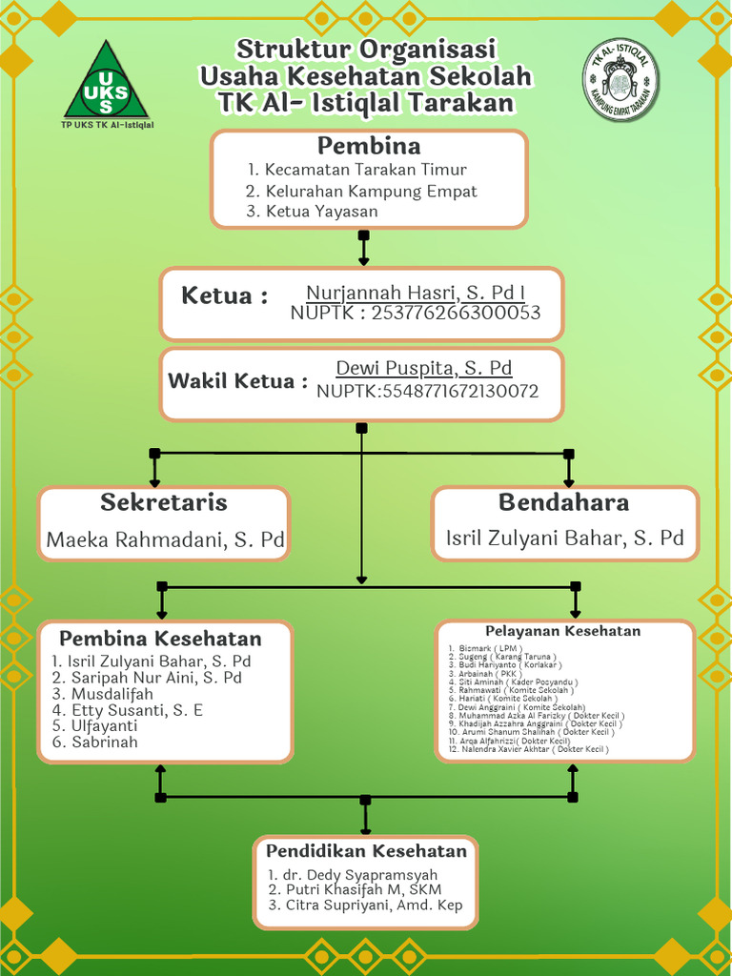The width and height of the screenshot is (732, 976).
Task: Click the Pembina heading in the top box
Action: pyautogui.click(x=369, y=147)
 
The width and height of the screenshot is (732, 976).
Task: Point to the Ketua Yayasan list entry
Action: pyautogui.click(x=321, y=212)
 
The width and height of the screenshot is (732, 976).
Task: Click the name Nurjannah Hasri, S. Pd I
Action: pyautogui.click(x=416, y=293)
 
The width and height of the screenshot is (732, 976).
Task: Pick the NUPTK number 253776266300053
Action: pyautogui.click(x=415, y=313)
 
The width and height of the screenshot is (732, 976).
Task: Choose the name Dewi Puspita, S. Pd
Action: pyautogui.click(x=424, y=369)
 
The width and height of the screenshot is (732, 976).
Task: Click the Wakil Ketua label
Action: pyautogui.click(x=237, y=381)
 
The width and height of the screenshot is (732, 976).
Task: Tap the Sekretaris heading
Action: pyautogui.click(x=164, y=502)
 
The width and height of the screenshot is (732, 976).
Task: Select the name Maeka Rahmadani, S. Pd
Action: pyautogui.click(x=165, y=540)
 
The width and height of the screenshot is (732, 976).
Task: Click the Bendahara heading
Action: pyautogui.click(x=563, y=502)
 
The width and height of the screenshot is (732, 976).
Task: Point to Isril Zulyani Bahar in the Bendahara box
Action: pyautogui.click(x=564, y=539)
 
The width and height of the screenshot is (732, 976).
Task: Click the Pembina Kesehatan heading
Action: pyautogui.click(x=160, y=639)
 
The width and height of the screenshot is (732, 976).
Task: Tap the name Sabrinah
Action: pyautogui.click(x=104, y=742)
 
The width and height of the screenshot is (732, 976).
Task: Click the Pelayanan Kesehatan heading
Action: pyautogui.click(x=562, y=631)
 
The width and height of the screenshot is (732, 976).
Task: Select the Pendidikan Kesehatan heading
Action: pyautogui.click(x=366, y=851)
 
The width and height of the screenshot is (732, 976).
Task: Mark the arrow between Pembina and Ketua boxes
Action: pyautogui.click(x=363, y=248)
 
